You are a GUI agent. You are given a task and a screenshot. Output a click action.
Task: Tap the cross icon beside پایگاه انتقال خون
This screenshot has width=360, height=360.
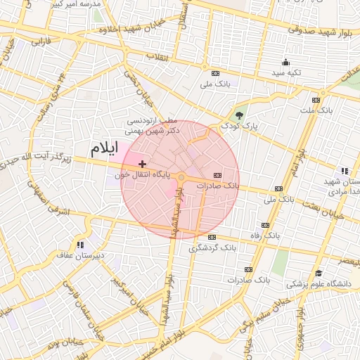(143, 163)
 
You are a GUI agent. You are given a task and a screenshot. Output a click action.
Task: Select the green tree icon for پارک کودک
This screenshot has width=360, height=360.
(240, 116)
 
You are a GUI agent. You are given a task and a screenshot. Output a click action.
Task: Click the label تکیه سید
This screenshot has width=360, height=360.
(287, 72)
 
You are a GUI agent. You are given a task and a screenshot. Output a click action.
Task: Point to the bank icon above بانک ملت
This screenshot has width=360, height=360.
(324, 100)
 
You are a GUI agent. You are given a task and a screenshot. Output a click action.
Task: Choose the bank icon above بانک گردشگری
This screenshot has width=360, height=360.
(212, 238)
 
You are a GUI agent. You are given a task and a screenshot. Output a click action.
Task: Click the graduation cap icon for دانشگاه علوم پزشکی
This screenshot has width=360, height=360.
(319, 274)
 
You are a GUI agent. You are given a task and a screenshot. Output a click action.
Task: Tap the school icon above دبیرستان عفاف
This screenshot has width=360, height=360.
(80, 245)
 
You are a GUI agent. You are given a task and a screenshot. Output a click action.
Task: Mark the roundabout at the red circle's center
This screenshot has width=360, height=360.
(181, 177)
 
